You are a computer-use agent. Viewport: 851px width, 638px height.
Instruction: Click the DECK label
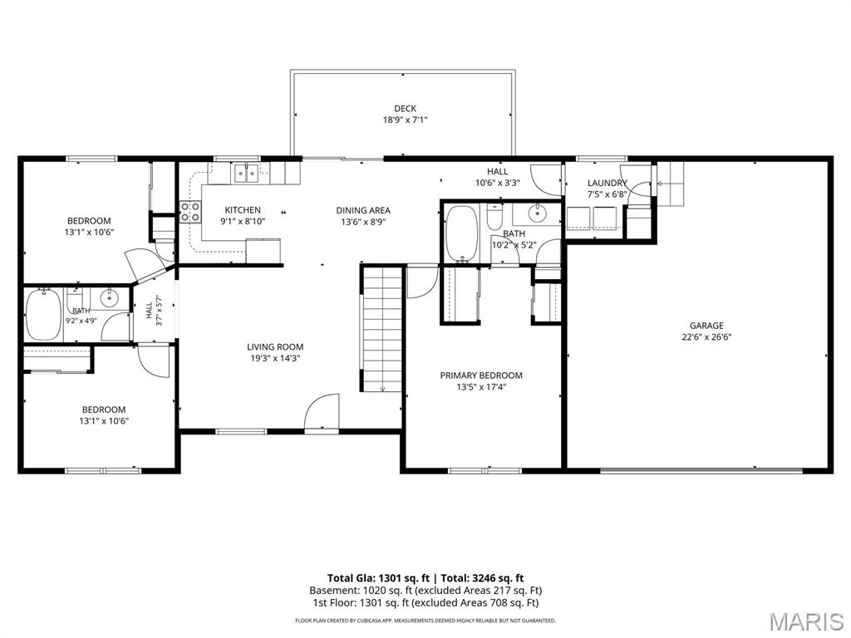[x=405, y=109]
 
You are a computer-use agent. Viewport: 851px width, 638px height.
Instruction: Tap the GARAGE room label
[x=706, y=326]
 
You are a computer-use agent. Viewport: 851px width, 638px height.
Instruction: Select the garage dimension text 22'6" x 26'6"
[x=706, y=337]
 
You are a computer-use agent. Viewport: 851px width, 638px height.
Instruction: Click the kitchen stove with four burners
[x=190, y=212]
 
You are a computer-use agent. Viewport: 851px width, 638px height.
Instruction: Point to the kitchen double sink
[x=247, y=173]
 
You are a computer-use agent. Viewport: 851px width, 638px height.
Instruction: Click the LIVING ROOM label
[x=275, y=346]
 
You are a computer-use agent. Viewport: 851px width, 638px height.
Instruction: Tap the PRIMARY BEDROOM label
[x=481, y=375]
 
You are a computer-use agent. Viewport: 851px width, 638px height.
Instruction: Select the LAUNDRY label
[x=607, y=183]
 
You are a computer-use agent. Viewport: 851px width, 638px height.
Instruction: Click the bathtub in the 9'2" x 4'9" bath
[x=43, y=316]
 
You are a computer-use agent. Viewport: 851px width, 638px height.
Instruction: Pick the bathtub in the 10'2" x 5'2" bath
[x=461, y=233]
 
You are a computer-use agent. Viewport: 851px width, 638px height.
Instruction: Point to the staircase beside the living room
[x=381, y=327]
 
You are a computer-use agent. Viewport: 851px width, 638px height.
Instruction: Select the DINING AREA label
[x=363, y=210]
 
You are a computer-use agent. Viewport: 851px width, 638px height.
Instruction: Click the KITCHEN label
[x=243, y=210]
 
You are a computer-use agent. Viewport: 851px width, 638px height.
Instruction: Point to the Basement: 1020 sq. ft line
[x=425, y=591]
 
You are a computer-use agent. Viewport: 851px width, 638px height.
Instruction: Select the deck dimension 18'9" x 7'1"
[x=405, y=120]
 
